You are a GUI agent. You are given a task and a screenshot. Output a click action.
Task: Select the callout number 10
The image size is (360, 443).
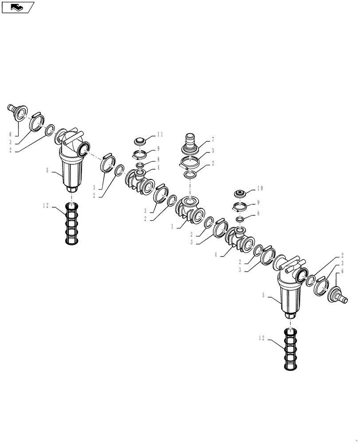(x=259, y=188)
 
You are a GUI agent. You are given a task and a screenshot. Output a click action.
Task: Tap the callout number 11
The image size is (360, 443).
(x=160, y=134)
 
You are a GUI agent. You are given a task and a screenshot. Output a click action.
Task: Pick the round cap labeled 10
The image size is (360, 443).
(x=241, y=194)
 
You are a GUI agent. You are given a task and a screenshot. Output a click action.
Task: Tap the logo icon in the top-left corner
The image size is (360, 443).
(x=17, y=7)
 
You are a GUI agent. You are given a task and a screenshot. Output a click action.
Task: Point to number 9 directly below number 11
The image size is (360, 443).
(x=158, y=148)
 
